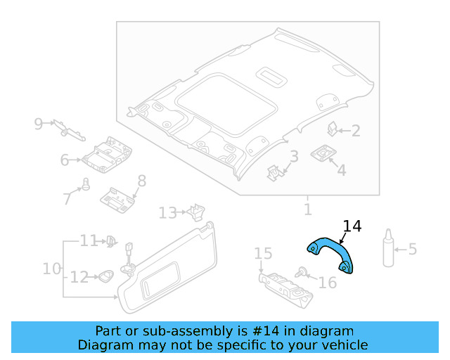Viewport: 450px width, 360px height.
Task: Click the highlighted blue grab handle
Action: tap(331, 252)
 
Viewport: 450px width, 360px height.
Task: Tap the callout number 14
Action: tap(352, 226)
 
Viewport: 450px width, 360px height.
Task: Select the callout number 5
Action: tap(413, 249)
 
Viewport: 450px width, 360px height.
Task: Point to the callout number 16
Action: tap(328, 283)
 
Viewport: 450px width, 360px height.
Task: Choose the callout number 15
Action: tap(262, 253)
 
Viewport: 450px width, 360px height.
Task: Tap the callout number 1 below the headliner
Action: tap(307, 210)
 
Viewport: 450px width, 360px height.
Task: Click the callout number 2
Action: tap(356, 131)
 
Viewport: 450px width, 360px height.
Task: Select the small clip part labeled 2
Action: tap(333, 128)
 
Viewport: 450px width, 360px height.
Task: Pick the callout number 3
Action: tap(294, 156)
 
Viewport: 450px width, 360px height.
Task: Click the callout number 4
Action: tap(341, 170)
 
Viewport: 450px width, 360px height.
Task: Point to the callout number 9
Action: tap(39, 124)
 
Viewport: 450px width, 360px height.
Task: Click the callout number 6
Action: tap(65, 160)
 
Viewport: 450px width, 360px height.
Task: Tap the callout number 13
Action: tap(167, 212)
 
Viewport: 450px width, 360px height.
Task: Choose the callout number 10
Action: tap(51, 269)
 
